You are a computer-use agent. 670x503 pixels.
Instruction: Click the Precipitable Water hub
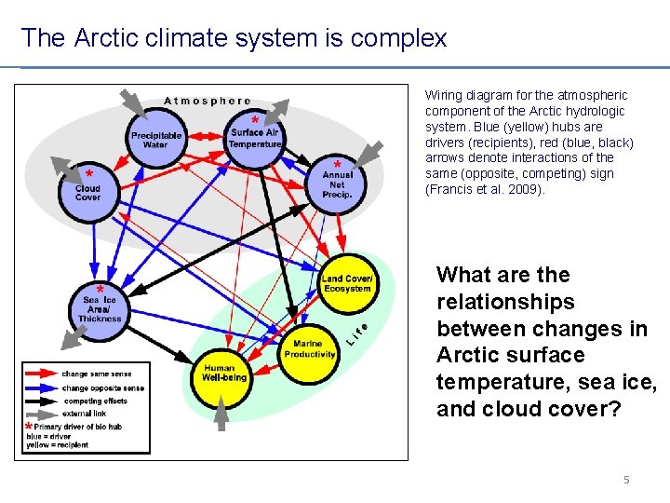pyautogui.click(x=155, y=139)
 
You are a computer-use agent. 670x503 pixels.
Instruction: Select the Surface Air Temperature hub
pyautogui.click(x=254, y=139)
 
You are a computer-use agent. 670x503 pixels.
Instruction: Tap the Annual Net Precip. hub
pyautogui.click(x=337, y=184)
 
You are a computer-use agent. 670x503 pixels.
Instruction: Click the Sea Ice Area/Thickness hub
pyautogui.click(x=100, y=307)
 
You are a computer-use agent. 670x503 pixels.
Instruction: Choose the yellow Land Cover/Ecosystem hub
pyautogui.click(x=346, y=282)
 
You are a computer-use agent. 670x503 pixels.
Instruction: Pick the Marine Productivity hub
pyautogui.click(x=309, y=348)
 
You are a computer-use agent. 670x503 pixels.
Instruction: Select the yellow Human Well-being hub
pyautogui.click(x=224, y=372)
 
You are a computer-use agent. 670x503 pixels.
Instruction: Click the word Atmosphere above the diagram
pyautogui.click(x=208, y=101)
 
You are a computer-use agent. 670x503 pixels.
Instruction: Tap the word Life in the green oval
pyautogui.click(x=357, y=334)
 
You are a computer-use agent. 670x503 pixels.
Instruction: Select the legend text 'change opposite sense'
pyautogui.click(x=99, y=387)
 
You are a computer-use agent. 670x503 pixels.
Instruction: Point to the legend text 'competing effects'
pyautogui.click(x=95, y=401)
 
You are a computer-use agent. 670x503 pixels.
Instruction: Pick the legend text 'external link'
pyautogui.click(x=85, y=414)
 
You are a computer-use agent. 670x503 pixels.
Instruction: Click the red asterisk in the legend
pyautogui.click(x=29, y=428)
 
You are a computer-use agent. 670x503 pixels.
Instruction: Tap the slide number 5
pyautogui.click(x=626, y=480)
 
